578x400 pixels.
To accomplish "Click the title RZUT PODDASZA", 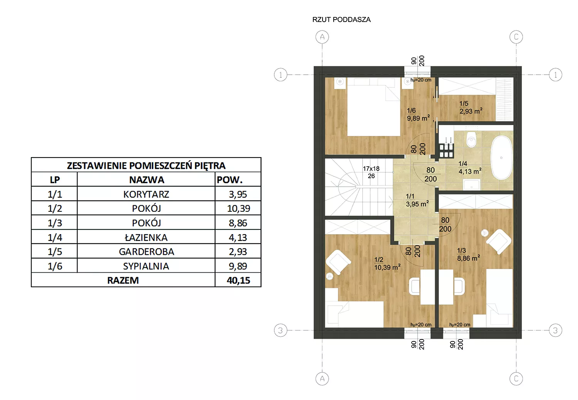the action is (341, 20).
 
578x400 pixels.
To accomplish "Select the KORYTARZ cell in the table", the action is (146, 194).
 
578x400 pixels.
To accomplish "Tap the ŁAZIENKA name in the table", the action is (146, 238).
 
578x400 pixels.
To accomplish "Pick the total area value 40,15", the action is (238, 280).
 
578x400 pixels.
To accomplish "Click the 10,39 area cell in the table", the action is (238, 208).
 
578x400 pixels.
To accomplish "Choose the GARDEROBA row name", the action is (146, 251).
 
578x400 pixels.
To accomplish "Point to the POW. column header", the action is (230, 180).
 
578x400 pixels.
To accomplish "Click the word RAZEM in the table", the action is (123, 280).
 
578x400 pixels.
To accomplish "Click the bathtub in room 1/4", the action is (501, 157).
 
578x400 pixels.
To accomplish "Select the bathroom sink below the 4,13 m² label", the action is (471, 185).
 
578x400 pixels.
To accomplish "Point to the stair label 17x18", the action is (371, 169).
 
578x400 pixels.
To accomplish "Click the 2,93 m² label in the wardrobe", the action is (470, 111).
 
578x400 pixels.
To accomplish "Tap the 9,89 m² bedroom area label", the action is (418, 118).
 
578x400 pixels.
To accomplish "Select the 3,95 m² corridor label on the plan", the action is (417, 204).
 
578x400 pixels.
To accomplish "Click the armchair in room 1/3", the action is (499, 241).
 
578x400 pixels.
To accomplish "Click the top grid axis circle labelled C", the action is (516, 37).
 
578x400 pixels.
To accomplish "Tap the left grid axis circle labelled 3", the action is (281, 330).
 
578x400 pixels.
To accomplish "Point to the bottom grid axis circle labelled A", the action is (322, 378).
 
